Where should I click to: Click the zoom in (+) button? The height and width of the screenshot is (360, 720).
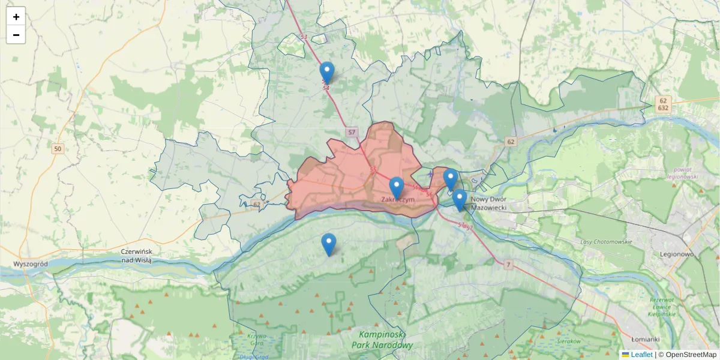click(16, 17)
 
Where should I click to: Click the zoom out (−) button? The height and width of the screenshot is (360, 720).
click(16, 35)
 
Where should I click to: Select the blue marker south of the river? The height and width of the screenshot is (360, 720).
click(328, 244)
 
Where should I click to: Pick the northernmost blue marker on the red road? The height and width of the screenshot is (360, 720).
click(327, 73)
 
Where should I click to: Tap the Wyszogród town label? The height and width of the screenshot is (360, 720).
click(30, 264)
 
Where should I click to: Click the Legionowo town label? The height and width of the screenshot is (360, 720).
click(676, 254)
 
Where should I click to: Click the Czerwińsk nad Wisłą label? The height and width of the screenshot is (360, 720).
click(137, 256)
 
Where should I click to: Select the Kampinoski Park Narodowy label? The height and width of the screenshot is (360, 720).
click(385, 340)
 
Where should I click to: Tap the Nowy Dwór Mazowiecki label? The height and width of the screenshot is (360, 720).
click(490, 203)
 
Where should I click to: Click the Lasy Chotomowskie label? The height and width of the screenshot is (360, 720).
click(606, 241)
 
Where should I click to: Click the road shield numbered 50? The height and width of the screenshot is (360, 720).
click(58, 149)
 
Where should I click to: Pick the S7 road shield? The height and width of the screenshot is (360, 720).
click(352, 131)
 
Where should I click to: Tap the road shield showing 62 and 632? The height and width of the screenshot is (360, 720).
click(662, 104)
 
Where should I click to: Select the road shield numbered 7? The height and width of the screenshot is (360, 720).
click(508, 265)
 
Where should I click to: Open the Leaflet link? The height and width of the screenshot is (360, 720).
click(641, 355)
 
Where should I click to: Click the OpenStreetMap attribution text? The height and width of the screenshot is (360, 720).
click(687, 355)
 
